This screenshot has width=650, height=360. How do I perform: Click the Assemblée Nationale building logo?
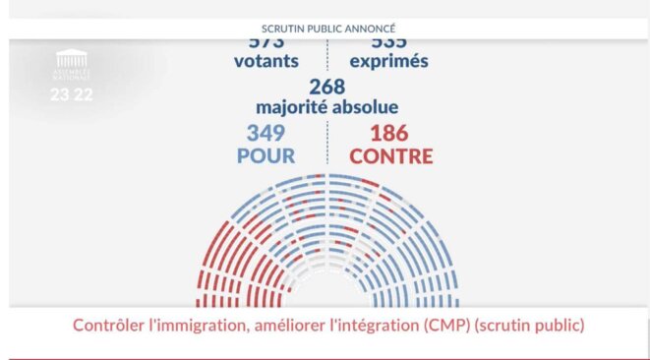pyautogui.click(x=71, y=60)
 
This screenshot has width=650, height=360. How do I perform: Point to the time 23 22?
pyautogui.click(x=71, y=95)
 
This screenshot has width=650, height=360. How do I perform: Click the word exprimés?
pyautogui.click(x=387, y=62)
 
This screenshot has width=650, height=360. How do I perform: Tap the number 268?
pyautogui.click(x=325, y=87)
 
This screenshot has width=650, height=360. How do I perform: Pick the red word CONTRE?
pyautogui.click(x=390, y=155)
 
